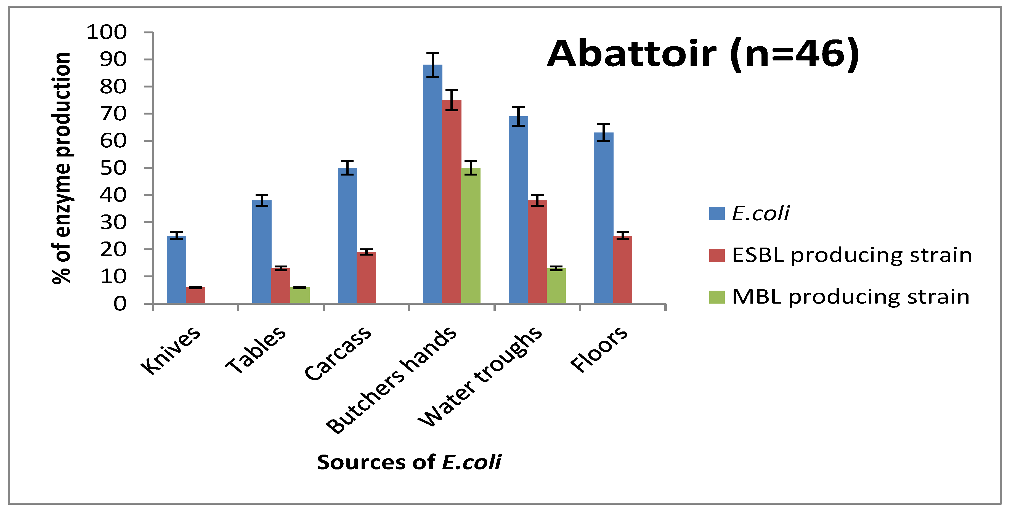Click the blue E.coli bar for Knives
point(176,269)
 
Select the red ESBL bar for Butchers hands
point(452,202)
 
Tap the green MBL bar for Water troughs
point(556,286)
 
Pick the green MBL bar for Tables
point(300,295)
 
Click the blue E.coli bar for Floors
point(604,218)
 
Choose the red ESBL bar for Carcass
point(367,278)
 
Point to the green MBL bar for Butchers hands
point(471,235)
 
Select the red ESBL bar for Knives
point(195,295)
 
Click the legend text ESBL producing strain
point(852,255)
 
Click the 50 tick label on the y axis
point(113,168)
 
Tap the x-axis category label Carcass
point(338,354)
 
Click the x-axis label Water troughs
point(480,376)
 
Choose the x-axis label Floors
point(599,349)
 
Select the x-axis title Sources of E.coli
point(409,462)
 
